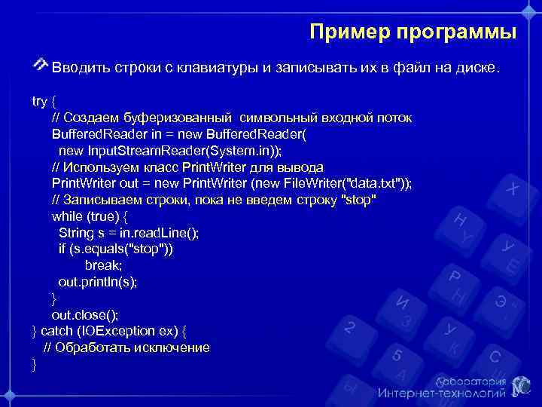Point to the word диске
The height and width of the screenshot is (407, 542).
pyautogui.click(x=478, y=69)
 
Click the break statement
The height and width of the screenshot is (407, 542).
pyautogui.click(x=103, y=265)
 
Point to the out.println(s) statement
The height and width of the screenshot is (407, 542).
pyautogui.click(x=98, y=282)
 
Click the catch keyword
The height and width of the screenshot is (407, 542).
pyautogui.click(x=56, y=332)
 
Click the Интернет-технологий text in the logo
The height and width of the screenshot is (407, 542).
pyautogui.click(x=442, y=393)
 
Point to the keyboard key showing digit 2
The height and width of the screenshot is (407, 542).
pyautogui.click(x=349, y=328)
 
